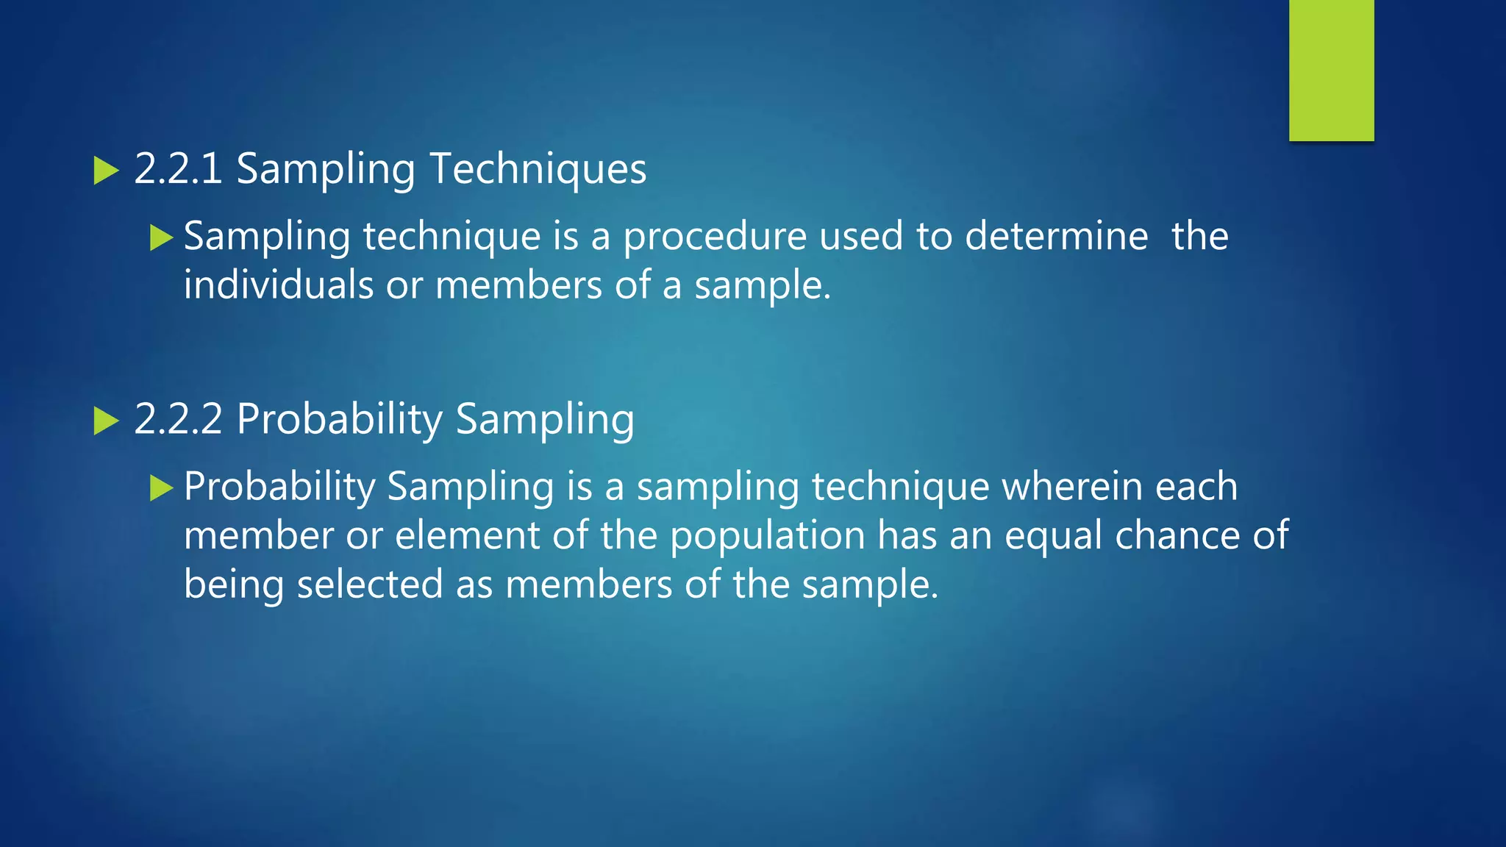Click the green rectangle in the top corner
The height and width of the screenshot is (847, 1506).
coord(1331,70)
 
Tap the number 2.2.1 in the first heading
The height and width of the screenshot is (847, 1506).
coord(178,168)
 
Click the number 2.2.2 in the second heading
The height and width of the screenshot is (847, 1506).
coord(178,419)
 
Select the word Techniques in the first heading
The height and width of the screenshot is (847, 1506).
coord(538,170)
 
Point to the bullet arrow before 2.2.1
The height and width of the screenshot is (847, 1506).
coord(107,171)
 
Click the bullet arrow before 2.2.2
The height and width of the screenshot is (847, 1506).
coord(107,421)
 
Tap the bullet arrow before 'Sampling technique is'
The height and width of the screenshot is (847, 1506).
coord(161,237)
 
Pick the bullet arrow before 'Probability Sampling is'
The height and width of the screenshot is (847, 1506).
coord(161,487)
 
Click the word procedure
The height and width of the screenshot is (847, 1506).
coord(715,237)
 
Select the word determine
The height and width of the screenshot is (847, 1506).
coord(1056,236)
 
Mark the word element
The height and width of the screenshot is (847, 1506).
coord(467,535)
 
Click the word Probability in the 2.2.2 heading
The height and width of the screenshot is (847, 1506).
coord(339,421)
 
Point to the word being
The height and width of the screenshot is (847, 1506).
coord(233,586)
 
